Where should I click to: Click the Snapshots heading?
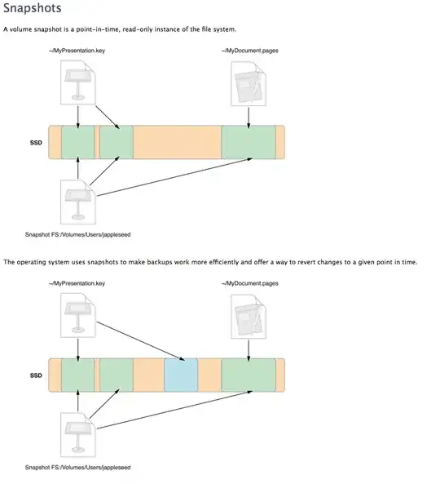tap(33, 8)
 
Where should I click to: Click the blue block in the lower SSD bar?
tap(181, 375)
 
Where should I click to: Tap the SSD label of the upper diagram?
tap(36, 143)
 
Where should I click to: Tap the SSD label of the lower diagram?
tap(36, 375)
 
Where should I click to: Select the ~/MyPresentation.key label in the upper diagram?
tap(77, 51)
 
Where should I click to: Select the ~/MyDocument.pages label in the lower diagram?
tap(250, 283)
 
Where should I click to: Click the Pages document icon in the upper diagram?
tap(249, 83)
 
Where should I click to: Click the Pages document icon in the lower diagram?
tap(249, 317)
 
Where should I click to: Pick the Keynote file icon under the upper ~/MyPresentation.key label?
tap(78, 82)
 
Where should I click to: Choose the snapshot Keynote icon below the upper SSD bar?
tap(78, 202)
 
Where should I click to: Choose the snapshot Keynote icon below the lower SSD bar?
tap(78, 435)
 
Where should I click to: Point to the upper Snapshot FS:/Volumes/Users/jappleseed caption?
tap(78, 234)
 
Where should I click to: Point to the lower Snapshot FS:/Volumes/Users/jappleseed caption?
tap(78, 468)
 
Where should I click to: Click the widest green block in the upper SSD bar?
tap(249, 142)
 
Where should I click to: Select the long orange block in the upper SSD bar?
tap(178, 142)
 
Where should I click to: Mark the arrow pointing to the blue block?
tap(141, 341)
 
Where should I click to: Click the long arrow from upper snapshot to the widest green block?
tap(174, 177)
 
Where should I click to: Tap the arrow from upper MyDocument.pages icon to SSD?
tap(249, 118)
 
